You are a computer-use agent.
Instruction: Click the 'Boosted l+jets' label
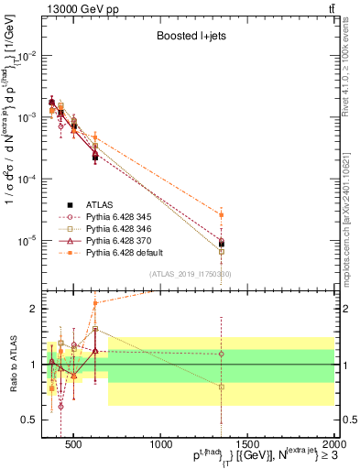(x=191, y=36)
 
